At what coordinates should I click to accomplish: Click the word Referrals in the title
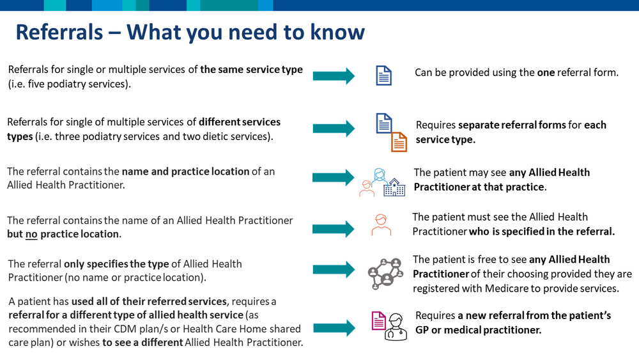click(x=59, y=32)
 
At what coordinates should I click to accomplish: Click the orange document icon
click(x=399, y=142)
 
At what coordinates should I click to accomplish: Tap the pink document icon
click(x=378, y=320)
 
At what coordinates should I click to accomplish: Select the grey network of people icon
click(x=385, y=274)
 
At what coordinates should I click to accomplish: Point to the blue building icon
click(x=394, y=187)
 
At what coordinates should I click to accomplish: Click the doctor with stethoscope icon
click(x=396, y=327)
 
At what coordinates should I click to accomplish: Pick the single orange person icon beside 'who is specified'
click(x=381, y=225)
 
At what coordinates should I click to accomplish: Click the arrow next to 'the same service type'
click(x=334, y=76)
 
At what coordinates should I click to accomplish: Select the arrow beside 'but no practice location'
click(x=334, y=229)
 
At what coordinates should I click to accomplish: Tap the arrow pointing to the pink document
click(x=334, y=328)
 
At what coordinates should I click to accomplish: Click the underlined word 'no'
click(x=31, y=234)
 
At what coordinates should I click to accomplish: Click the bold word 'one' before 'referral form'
click(x=546, y=72)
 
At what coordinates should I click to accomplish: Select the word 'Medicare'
click(x=503, y=288)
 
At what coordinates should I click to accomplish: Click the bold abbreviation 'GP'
click(x=422, y=330)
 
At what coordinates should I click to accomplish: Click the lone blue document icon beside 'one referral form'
click(x=383, y=75)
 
